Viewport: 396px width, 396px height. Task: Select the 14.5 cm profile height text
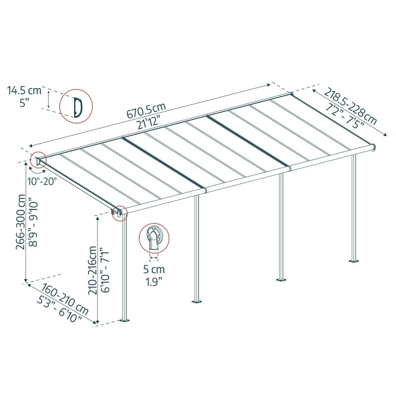pos(24,91)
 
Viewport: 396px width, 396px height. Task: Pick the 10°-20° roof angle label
pos(43,181)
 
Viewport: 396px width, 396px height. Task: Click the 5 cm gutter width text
pos(154,270)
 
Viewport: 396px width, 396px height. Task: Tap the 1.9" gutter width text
pos(154,283)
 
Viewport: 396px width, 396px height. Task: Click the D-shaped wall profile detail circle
pos(76,106)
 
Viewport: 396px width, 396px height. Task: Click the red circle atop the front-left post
pos(119,213)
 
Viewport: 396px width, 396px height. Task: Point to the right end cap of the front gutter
pos(374,147)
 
